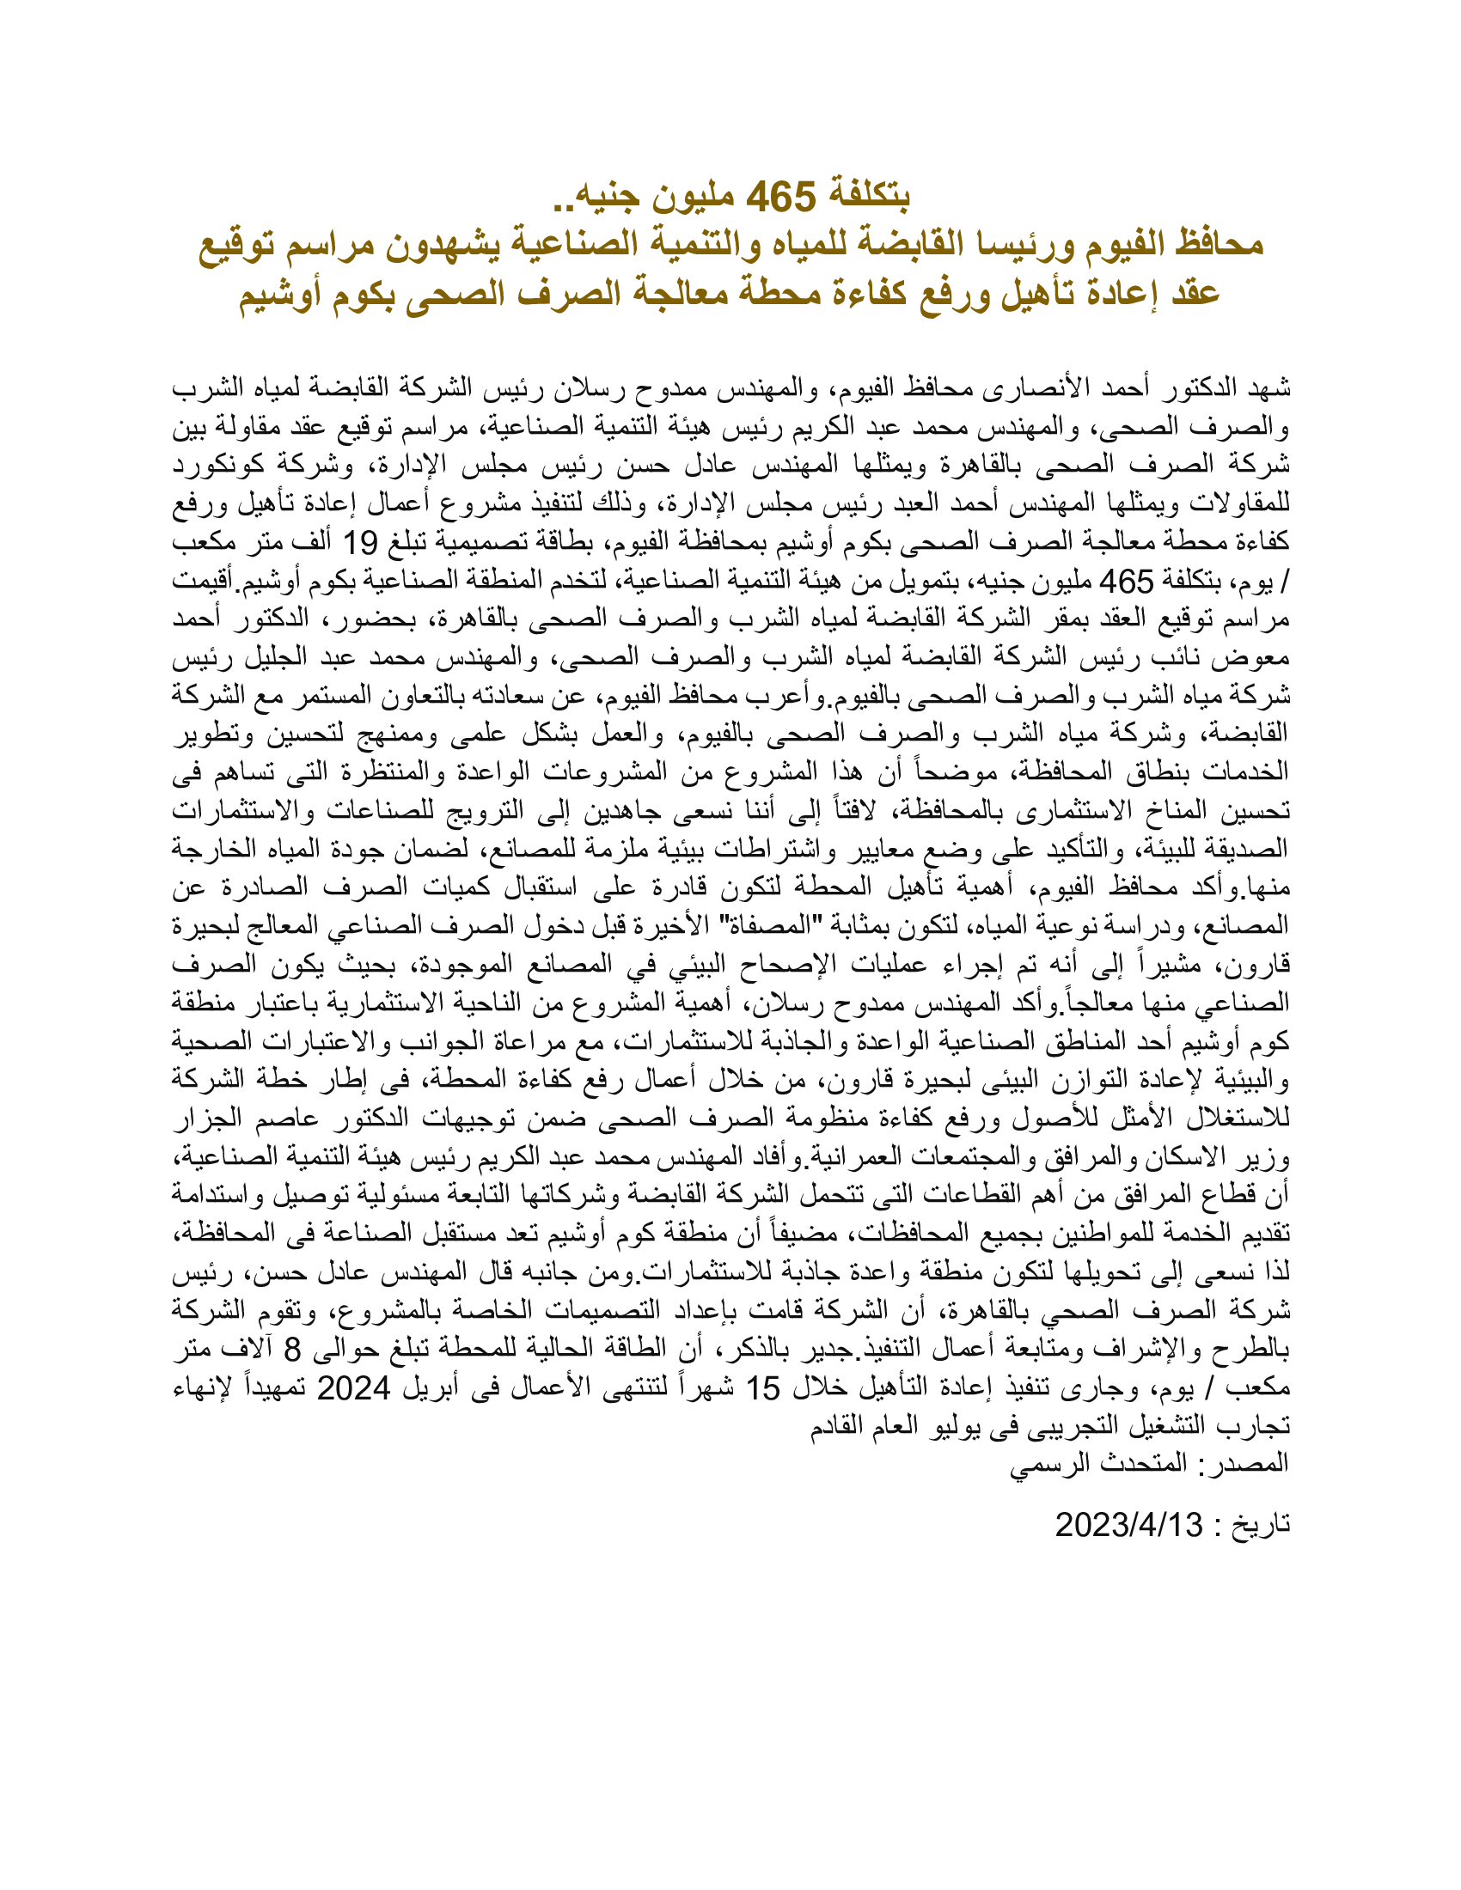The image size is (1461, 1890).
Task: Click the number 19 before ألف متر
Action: click(x=360, y=544)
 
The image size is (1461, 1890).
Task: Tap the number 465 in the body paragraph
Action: click(x=1126, y=582)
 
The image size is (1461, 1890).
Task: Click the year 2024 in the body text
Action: click(x=354, y=1388)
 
